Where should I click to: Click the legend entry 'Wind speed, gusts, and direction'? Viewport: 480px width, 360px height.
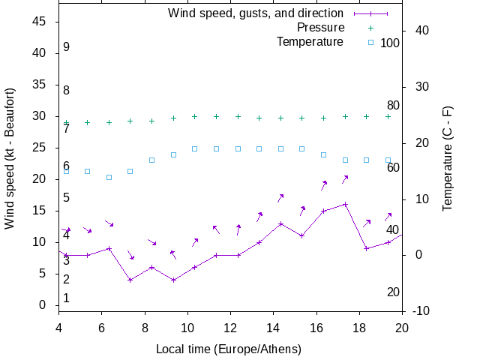click(255, 13)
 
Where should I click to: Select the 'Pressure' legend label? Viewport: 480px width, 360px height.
click(320, 27)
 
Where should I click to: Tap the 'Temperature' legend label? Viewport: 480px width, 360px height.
click(310, 41)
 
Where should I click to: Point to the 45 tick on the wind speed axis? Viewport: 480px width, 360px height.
click(41, 22)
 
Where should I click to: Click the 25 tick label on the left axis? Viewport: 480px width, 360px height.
click(41, 148)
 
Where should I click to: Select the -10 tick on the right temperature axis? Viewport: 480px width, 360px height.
click(419, 310)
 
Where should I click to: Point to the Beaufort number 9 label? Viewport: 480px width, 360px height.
click(66, 47)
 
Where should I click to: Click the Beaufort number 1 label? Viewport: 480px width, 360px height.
click(66, 298)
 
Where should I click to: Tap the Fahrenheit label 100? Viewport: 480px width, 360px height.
click(390, 43)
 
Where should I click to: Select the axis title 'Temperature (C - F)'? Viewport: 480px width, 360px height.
click(447, 157)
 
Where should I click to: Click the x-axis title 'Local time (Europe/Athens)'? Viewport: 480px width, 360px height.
click(229, 349)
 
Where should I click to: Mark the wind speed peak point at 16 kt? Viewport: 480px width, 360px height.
click(345, 204)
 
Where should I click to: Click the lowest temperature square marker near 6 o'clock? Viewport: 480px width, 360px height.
click(109, 177)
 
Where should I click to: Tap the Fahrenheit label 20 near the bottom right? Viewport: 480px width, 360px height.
click(393, 292)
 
